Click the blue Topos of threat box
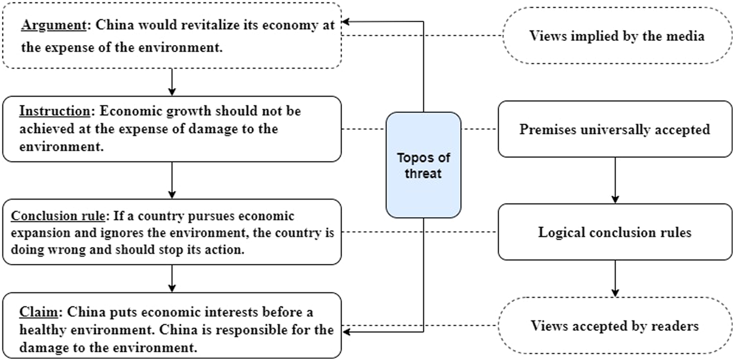424,165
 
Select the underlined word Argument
45,26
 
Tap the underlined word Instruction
54,111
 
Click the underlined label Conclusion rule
58,216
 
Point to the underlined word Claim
36,312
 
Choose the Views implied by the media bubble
617,36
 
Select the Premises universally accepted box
615,129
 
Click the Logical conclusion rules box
615,232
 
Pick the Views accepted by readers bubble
615,326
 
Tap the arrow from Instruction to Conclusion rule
172,179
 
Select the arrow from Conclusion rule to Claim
172,278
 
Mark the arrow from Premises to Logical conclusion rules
615,180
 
